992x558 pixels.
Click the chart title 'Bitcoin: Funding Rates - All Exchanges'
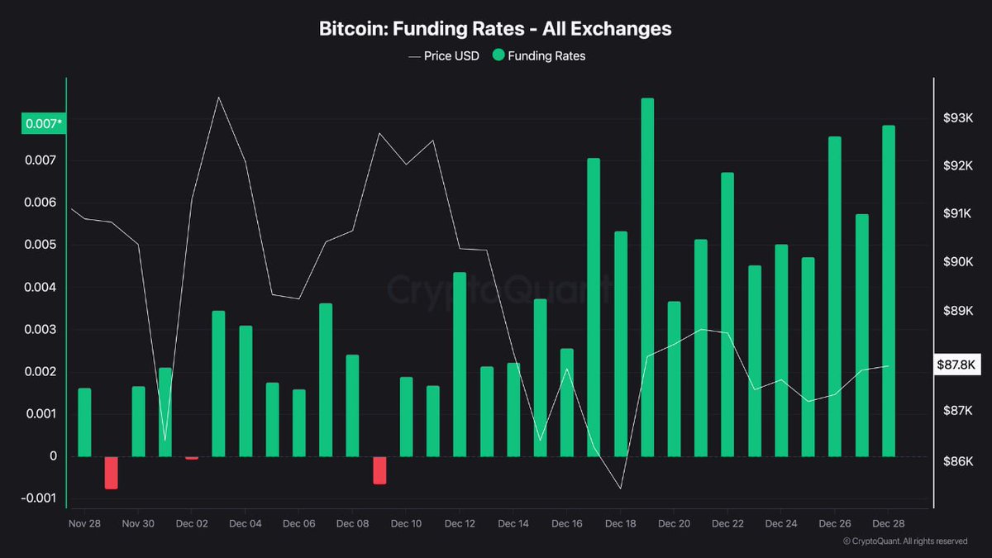495,29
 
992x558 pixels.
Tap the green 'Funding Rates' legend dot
498,56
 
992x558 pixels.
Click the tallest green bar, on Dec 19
647,277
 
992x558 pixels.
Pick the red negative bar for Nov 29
111,472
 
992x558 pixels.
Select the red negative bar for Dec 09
379,470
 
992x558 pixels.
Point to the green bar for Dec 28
889,290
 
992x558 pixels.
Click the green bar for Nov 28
84,422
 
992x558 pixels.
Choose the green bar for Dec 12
460,364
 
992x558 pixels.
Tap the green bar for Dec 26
835,296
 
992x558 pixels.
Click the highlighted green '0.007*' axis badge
44,124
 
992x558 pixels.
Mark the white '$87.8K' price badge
956,365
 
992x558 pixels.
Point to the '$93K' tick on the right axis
958,118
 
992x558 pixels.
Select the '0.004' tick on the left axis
41,288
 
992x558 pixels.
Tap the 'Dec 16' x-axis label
567,524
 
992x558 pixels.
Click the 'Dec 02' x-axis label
191,524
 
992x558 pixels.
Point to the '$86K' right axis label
958,461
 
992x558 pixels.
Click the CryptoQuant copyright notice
904,541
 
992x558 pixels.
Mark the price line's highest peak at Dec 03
218,98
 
